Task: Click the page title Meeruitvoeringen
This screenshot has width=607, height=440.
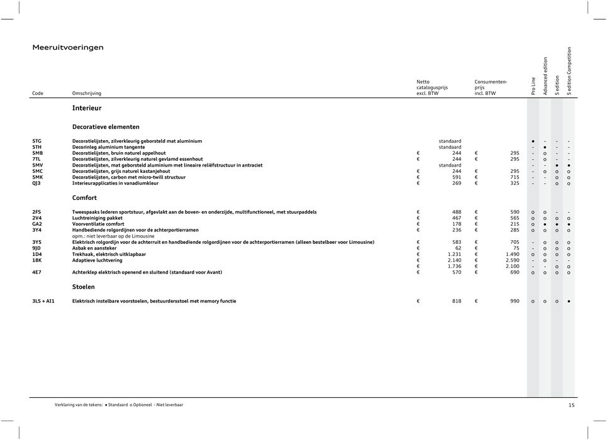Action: coord(68,47)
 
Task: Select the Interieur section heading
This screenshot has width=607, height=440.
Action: coord(86,108)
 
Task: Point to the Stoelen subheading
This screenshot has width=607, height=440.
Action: coord(84,287)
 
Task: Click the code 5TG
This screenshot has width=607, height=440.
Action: coord(37,140)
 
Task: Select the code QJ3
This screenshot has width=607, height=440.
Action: coord(36,184)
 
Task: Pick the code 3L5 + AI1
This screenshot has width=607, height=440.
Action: coord(43,301)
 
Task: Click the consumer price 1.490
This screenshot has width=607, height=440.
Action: coord(512,254)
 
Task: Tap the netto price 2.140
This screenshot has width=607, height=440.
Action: coord(454,260)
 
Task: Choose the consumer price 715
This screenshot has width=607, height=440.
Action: coord(515,177)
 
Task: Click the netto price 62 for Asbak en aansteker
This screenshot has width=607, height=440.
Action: coord(457,248)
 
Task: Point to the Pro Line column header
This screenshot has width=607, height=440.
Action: coord(533,86)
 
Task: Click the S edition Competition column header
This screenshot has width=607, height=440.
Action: coord(569,71)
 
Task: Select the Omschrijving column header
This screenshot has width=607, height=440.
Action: coord(87,93)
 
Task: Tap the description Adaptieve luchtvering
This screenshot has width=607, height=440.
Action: coord(97,260)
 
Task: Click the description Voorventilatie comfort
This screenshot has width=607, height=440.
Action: coord(98,224)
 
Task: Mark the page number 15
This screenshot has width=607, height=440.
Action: coord(571,405)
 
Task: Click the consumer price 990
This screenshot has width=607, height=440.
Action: coord(515,301)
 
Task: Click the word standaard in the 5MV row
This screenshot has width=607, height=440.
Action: coord(450,165)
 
